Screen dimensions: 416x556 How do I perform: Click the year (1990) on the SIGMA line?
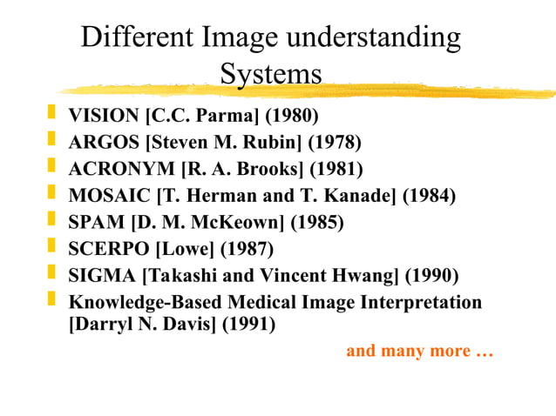pyautogui.click(x=431, y=277)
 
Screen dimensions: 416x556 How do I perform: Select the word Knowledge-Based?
pyautogui.click(x=145, y=304)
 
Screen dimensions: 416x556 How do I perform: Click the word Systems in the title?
pyautogui.click(x=271, y=74)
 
